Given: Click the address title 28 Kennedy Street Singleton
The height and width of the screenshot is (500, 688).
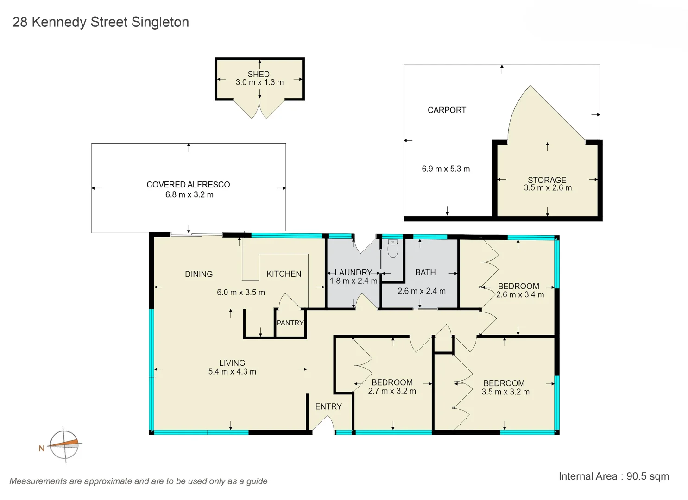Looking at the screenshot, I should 101,22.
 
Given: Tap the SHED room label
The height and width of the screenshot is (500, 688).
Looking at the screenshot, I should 259,74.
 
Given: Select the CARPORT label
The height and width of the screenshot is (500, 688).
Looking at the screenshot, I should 447,110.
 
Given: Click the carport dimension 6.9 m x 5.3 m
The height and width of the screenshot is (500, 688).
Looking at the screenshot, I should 446,169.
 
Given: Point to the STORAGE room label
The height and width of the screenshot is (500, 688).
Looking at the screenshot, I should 547,180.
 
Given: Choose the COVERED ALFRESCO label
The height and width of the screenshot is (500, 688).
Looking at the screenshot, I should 188,184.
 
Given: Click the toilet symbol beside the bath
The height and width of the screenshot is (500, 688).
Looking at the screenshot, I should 392,249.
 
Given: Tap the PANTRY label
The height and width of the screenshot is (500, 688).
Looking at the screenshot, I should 290,323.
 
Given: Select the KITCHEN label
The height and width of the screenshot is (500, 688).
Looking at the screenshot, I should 284,274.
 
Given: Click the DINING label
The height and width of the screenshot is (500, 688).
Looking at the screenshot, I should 199,274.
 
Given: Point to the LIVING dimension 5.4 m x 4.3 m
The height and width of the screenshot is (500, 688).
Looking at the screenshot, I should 232,372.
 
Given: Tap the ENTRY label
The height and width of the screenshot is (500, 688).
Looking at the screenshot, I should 328,406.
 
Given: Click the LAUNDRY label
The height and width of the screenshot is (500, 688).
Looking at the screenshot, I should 353,273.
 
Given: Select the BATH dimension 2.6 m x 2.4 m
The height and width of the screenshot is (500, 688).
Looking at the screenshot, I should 422,291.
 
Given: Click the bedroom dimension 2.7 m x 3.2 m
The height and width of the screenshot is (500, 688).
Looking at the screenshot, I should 392,391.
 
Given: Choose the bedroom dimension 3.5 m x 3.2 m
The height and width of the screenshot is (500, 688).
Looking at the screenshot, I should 505,392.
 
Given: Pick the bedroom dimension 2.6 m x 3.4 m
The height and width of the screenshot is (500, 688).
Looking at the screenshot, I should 520,295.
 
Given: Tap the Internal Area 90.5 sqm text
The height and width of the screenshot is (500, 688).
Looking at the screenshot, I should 613,476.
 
